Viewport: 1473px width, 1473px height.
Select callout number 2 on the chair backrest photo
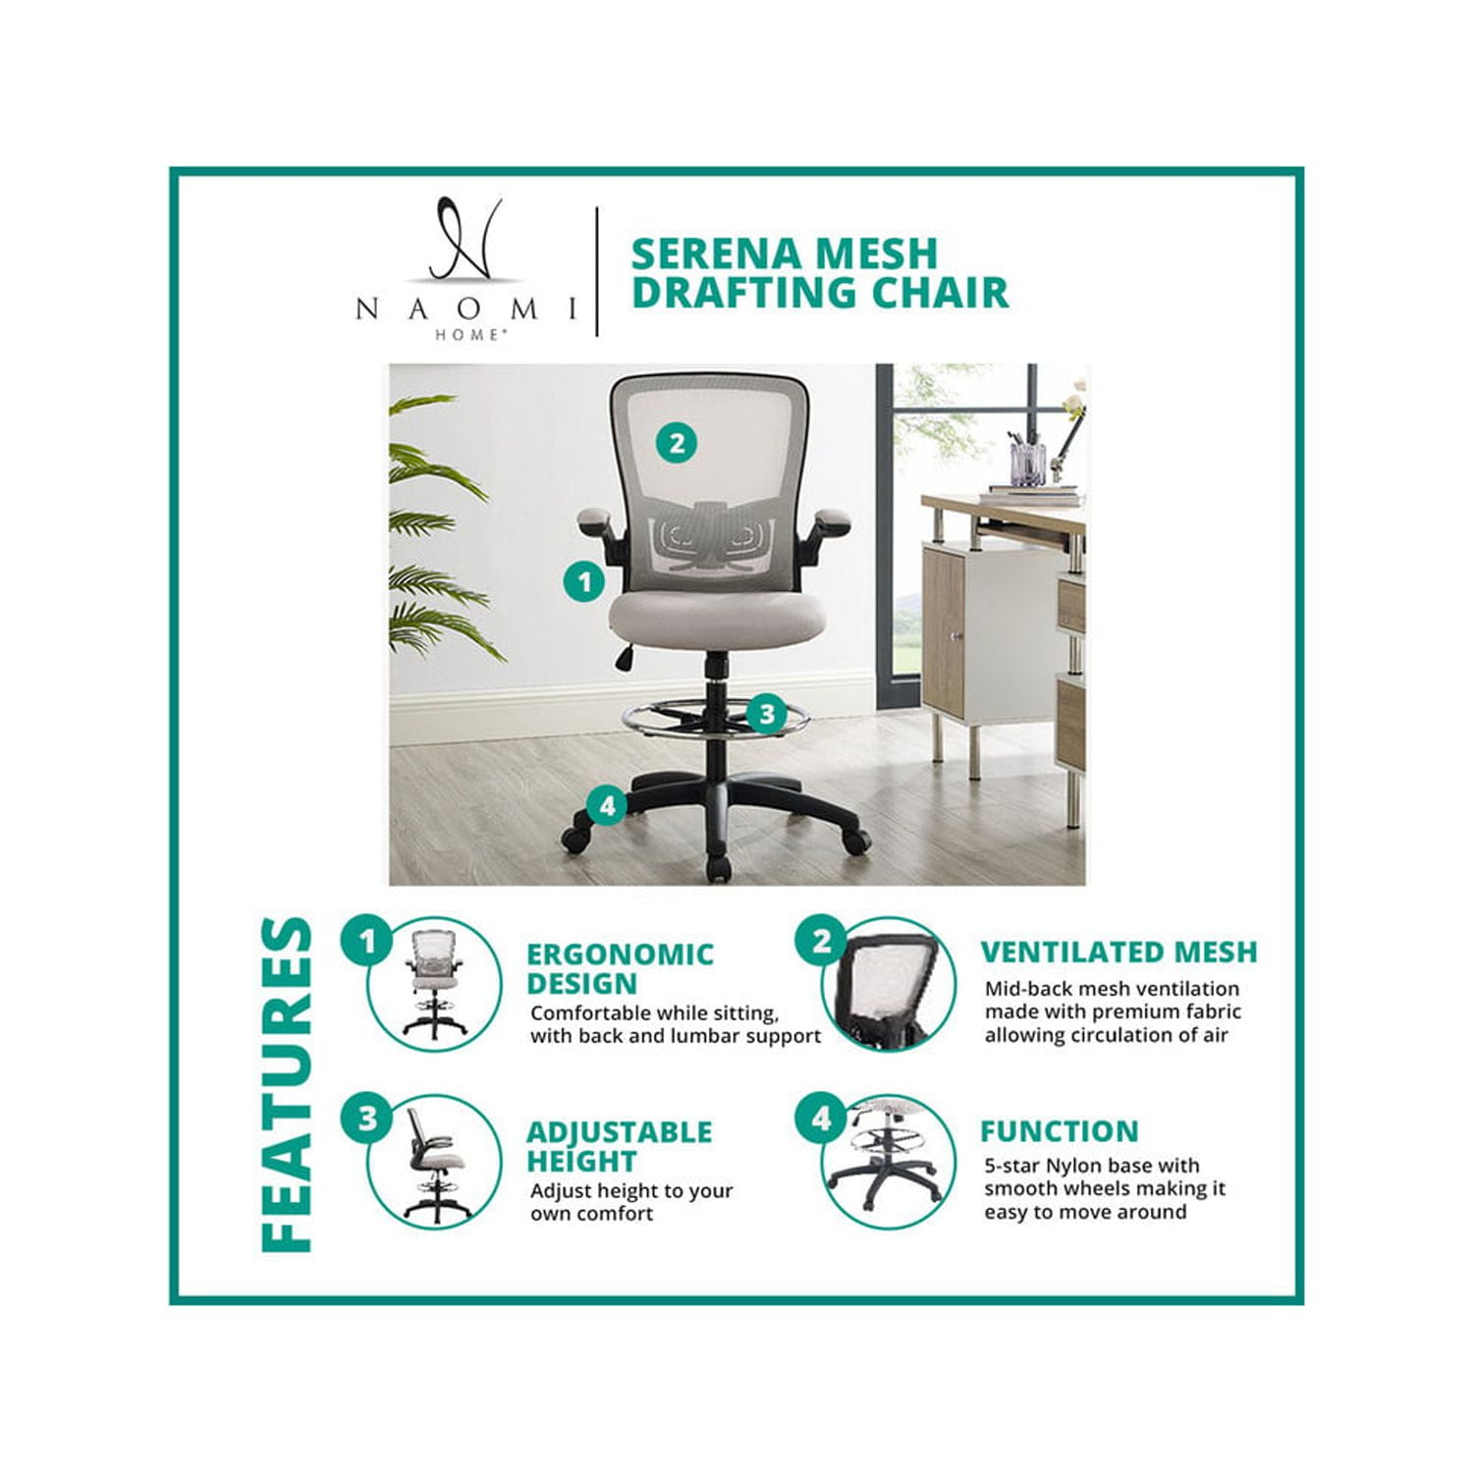pos(677,443)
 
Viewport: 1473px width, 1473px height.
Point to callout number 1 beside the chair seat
pos(584,582)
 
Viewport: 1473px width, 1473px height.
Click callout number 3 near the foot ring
pos(767,714)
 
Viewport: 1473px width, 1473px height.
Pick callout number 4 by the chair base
pos(607,807)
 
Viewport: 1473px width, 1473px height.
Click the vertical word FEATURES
pos(287,1085)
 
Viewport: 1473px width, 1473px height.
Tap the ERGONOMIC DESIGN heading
pos(620,968)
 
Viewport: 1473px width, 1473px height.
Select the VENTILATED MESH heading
pos(1118,952)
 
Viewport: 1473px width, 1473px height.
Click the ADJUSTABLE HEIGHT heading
pos(619,1146)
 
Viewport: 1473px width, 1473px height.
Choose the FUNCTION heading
pos(1059,1131)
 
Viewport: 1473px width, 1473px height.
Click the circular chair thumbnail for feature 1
pos(434,985)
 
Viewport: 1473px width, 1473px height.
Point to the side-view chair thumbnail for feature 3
pos(434,1163)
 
